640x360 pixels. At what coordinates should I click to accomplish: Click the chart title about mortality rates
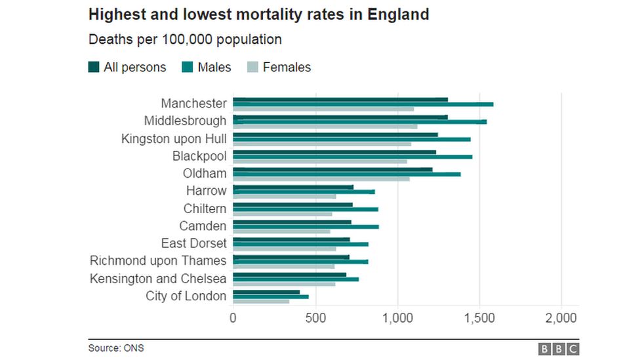pos(258,14)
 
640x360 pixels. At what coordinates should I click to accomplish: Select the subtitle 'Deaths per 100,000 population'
pos(185,39)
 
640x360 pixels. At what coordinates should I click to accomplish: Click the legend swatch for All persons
pos(94,67)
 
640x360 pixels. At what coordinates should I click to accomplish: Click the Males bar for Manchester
pos(363,104)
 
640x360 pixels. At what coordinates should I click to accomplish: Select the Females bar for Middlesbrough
pos(325,127)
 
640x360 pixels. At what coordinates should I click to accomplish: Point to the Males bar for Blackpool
pos(352,157)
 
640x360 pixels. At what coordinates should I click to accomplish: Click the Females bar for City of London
pos(261,301)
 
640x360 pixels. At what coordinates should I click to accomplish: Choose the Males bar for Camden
pos(306,226)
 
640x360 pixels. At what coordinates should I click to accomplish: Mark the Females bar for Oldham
pos(321,178)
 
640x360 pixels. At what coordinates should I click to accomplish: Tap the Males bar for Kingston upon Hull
pos(351,139)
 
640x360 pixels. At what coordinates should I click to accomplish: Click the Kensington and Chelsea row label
pos(158,279)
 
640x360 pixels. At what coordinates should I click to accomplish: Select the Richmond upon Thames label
pos(158,261)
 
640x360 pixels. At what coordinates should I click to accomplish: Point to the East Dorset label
pos(193,243)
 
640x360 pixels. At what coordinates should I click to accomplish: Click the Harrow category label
pos(206,191)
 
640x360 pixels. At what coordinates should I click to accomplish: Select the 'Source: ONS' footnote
pos(116,348)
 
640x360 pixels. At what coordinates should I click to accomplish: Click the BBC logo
pos(559,349)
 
